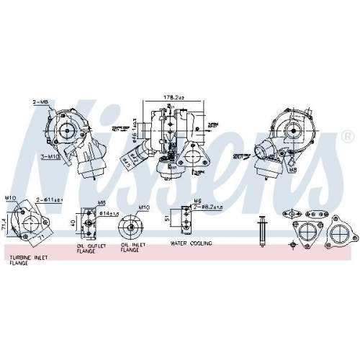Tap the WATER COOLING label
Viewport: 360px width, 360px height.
[192, 244]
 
